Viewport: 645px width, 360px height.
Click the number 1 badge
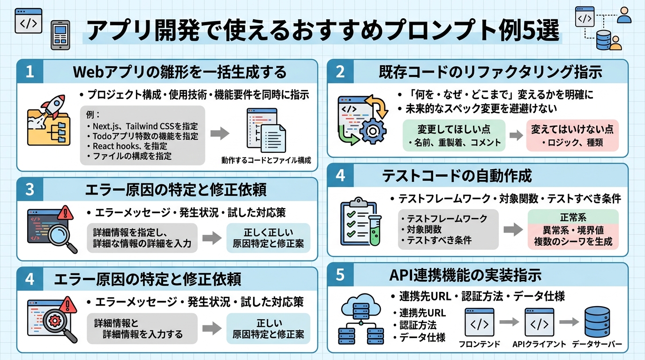coord(30,72)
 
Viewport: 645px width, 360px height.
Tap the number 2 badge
coord(340,72)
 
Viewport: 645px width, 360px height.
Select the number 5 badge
coord(340,275)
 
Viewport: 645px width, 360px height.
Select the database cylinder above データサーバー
coord(597,322)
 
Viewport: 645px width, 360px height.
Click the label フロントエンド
coord(479,345)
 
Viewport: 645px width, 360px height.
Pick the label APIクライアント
coord(539,345)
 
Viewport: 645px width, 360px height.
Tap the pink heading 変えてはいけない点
coord(572,129)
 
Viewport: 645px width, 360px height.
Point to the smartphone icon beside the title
coord(60,35)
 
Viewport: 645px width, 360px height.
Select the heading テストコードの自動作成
coord(457,176)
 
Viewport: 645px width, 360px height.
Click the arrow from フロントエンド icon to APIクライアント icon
coord(509,322)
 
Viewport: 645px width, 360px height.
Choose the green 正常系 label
coord(573,217)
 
